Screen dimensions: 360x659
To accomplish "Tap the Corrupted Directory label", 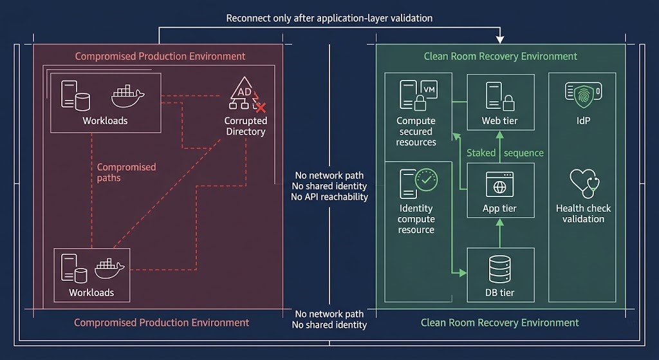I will (245, 126).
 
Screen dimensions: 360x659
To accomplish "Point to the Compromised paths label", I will (126, 172).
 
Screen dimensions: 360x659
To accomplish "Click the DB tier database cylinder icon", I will (499, 269).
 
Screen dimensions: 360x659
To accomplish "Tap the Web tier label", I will (499, 121).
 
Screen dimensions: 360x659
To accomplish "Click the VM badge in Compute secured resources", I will (430, 90).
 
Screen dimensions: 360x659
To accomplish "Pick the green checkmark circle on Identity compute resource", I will (426, 181).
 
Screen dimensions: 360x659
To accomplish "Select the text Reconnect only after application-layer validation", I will (329, 18).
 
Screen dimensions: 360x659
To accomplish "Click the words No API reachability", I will (329, 197).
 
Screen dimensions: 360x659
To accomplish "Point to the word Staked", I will (481, 153).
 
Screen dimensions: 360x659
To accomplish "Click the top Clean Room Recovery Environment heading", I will (500, 56).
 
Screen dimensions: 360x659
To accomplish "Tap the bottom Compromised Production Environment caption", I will (161, 322).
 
